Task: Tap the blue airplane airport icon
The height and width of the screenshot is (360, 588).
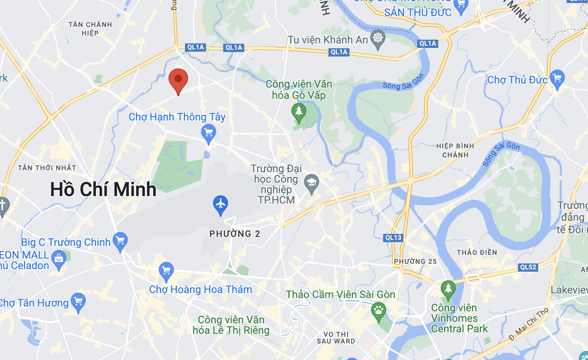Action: (x=221, y=204)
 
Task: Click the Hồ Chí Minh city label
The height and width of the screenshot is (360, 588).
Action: (x=103, y=189)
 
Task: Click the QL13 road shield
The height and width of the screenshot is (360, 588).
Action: (x=393, y=238)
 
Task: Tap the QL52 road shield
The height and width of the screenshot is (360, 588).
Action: (x=528, y=267)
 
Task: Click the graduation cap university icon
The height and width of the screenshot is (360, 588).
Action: (x=311, y=183)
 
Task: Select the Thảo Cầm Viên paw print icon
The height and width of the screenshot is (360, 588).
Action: (x=379, y=311)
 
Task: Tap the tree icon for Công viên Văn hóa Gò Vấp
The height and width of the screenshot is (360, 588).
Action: (x=299, y=112)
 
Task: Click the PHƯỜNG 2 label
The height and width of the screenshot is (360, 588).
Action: (x=235, y=234)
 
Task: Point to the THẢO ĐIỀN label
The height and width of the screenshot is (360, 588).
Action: (x=477, y=253)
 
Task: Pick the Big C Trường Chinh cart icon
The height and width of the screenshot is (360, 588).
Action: (x=120, y=241)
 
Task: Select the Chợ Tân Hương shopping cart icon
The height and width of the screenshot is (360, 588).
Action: (x=78, y=301)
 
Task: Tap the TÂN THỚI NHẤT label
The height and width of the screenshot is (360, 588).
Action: (x=47, y=168)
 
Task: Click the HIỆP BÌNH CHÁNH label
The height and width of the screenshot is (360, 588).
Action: (x=455, y=150)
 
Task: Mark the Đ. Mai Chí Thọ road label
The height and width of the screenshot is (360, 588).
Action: (x=528, y=324)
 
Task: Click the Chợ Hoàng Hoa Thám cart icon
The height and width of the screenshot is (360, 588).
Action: (x=166, y=271)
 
